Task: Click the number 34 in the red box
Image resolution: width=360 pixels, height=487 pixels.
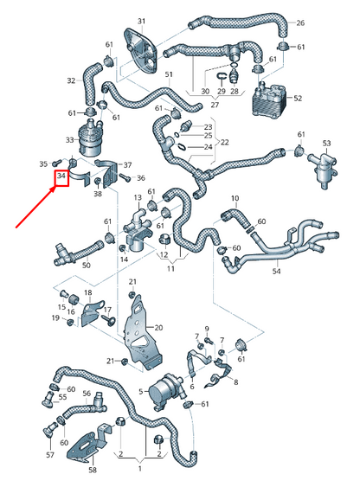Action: coord(61,178)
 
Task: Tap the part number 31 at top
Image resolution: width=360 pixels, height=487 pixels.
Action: coord(141,21)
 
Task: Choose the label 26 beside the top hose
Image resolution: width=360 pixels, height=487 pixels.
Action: coord(300,22)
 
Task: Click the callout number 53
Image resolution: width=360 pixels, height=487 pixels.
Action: coord(326,143)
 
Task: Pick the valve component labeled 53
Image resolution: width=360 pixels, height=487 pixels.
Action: coord(323,162)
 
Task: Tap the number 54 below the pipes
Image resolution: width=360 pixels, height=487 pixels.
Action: coord(276,272)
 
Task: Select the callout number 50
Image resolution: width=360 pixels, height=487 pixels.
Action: coord(87,265)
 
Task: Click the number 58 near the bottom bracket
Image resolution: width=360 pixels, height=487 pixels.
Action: coord(93,471)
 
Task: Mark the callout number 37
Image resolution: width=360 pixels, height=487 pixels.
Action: coord(128,165)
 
